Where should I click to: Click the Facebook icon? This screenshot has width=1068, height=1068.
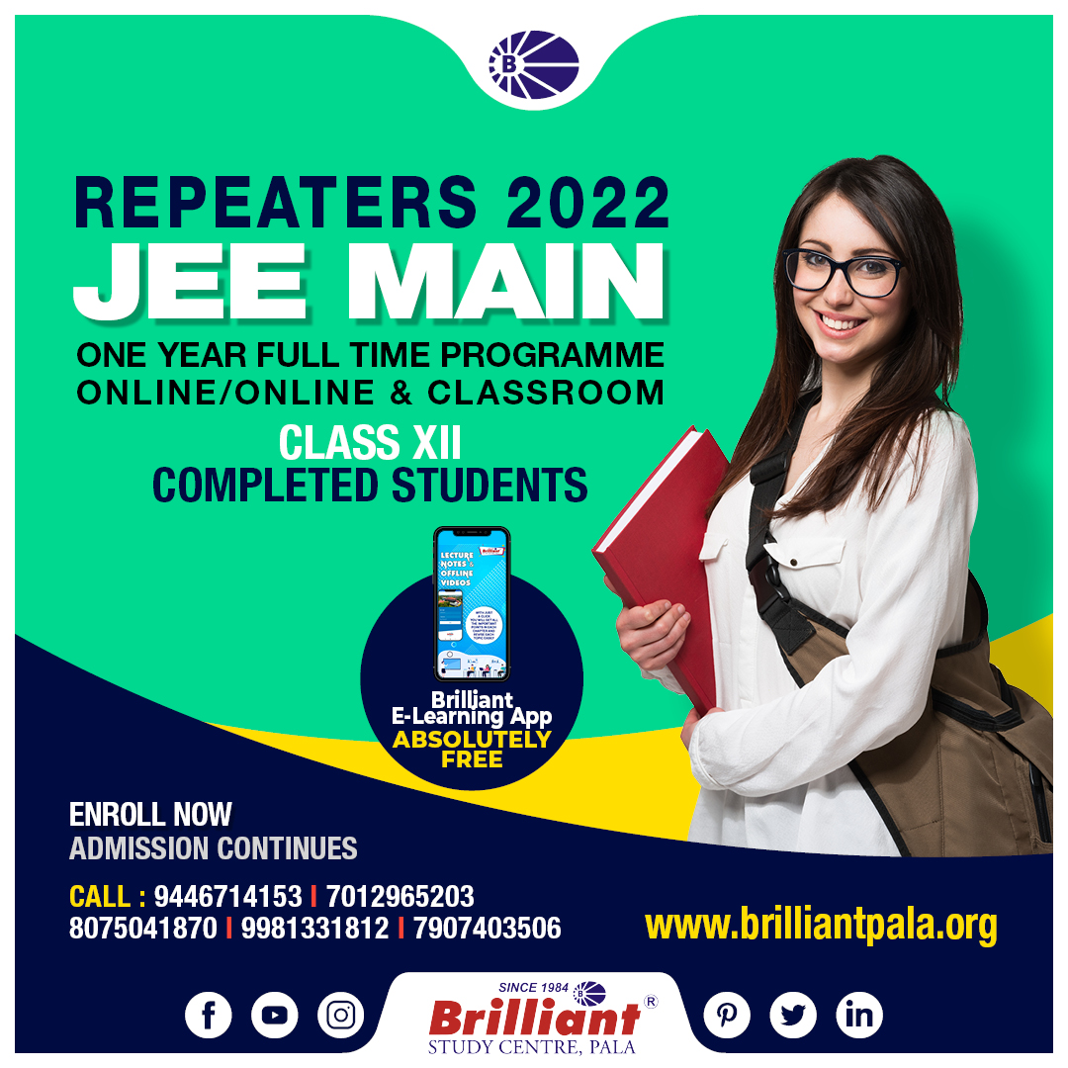[208, 1015]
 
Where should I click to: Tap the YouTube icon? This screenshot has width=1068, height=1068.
[275, 1015]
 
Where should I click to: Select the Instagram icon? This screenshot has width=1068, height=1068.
[341, 1015]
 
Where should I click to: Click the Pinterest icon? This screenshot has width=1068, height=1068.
[727, 1015]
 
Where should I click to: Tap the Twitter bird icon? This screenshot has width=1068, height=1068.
[793, 1015]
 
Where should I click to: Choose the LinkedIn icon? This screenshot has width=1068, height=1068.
[859, 1015]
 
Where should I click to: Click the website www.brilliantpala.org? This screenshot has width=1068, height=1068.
[821, 926]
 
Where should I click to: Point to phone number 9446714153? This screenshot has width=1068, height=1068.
[227, 897]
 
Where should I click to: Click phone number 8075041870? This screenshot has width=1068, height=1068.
[142, 929]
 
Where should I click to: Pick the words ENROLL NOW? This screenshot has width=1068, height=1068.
[150, 815]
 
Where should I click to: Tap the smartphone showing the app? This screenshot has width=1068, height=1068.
[471, 603]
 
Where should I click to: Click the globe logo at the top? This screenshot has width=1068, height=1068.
[534, 65]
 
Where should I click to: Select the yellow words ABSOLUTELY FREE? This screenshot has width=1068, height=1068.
[472, 750]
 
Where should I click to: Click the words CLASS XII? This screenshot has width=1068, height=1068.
[370, 442]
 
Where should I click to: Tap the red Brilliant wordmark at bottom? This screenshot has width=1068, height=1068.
[535, 1017]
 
